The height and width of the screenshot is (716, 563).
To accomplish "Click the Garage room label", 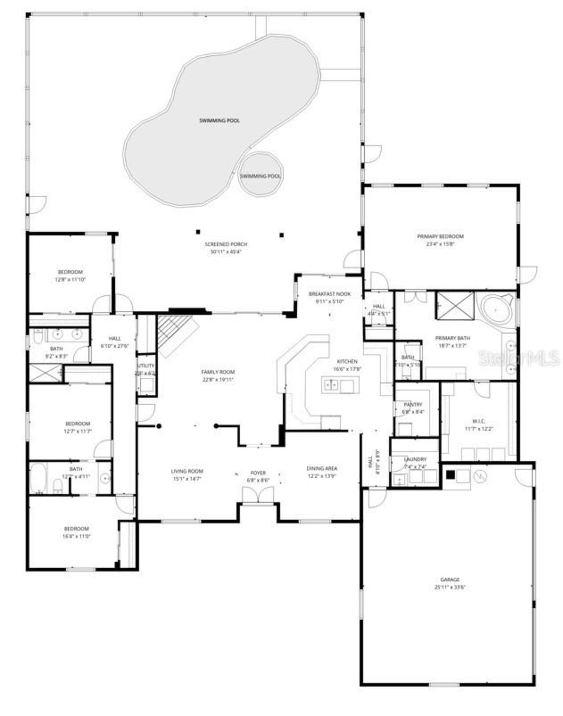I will click(x=450, y=579).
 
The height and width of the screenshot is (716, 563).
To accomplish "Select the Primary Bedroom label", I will click(x=440, y=236).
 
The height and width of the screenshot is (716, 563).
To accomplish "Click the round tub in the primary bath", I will click(x=497, y=310).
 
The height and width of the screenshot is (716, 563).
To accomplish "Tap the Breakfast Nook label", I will click(x=329, y=294).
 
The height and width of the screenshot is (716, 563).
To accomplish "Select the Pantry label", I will click(x=413, y=404).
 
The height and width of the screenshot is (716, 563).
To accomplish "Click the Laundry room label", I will click(x=415, y=459).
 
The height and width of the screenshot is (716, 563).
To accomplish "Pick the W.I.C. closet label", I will click(x=478, y=421).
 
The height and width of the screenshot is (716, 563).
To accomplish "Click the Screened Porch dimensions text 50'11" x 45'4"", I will click(x=226, y=252).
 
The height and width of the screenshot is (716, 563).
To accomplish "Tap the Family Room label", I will click(x=218, y=372).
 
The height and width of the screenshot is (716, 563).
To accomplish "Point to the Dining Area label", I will click(x=322, y=469).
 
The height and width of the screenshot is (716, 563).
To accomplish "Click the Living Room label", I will click(x=187, y=471).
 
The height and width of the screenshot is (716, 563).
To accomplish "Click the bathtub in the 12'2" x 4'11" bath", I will click(x=38, y=478).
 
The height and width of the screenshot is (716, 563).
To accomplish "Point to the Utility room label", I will click(x=146, y=366).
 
